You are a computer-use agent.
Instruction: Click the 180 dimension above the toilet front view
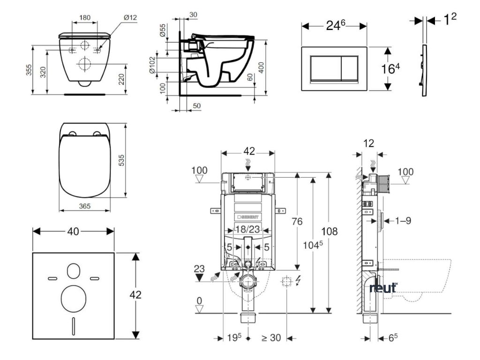point(85,18)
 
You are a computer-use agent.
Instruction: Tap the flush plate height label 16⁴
point(390,69)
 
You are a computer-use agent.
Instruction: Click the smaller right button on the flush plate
point(353,69)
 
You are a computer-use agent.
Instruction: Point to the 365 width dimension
point(85,206)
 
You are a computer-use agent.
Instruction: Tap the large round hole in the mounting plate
point(74,297)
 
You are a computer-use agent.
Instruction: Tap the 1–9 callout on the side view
point(402,220)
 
